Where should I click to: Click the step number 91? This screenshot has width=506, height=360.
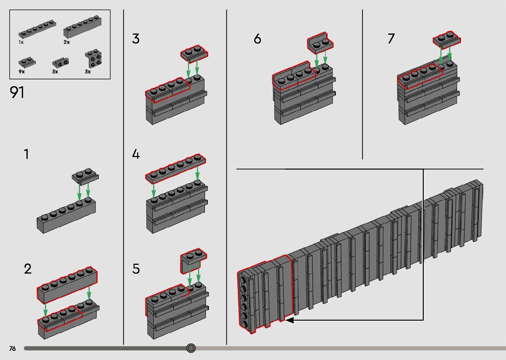(x=17, y=93)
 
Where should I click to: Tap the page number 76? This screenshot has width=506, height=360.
(x=13, y=348)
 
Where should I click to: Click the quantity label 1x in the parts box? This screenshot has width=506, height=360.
(x=21, y=42)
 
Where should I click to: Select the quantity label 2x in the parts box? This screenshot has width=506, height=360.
(x=66, y=42)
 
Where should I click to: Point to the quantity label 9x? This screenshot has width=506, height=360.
(x=21, y=72)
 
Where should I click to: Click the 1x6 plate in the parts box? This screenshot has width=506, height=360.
(x=37, y=29)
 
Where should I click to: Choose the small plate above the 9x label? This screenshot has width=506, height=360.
(x=27, y=61)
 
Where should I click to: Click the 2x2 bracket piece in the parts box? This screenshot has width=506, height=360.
(x=93, y=59)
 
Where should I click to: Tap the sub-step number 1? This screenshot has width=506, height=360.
(x=26, y=154)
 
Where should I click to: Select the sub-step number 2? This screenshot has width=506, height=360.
(x=27, y=269)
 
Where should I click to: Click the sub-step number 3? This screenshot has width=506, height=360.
(x=136, y=39)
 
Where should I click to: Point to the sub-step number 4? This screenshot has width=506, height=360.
(x=136, y=154)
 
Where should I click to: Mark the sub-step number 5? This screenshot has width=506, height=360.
(x=136, y=269)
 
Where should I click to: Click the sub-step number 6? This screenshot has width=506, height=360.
(x=257, y=39)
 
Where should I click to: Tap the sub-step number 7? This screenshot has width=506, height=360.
(x=391, y=39)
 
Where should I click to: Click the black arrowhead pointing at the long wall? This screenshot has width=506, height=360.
(x=290, y=320)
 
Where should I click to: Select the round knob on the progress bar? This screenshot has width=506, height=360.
(x=191, y=348)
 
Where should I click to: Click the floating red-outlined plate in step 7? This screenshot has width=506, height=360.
(x=447, y=39)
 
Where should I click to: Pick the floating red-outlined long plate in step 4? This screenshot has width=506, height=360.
(x=175, y=168)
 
